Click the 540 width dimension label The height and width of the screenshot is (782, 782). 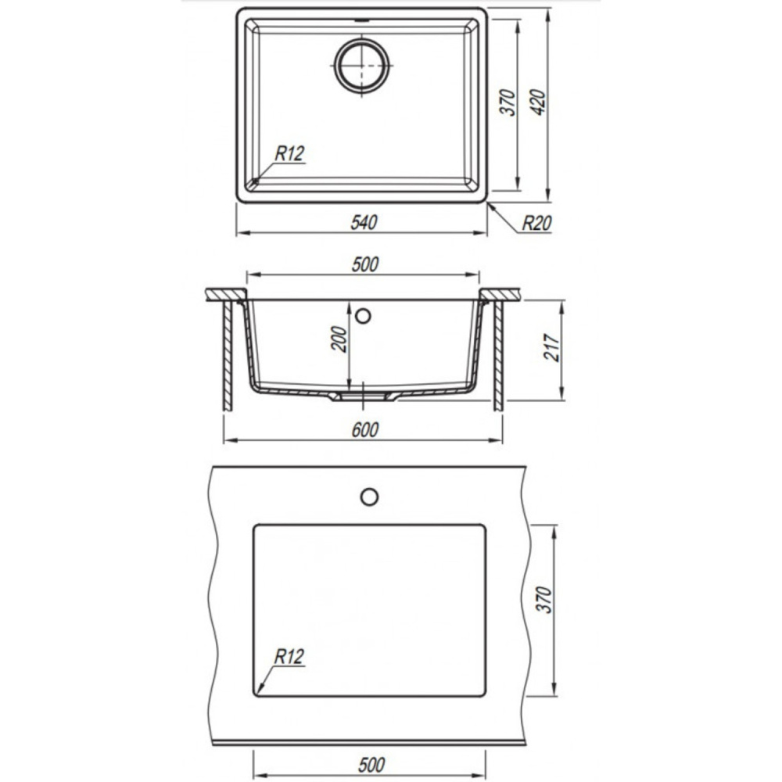tap(364, 222)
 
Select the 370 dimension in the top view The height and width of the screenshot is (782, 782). tap(508, 102)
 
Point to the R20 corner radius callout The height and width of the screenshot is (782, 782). tap(536, 224)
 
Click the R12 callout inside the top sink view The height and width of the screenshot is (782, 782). tap(290, 153)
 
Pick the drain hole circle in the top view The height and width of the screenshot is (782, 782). tap(361, 66)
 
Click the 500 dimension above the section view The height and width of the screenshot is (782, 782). tap(365, 264)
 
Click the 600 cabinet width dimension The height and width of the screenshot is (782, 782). tap(365, 429)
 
